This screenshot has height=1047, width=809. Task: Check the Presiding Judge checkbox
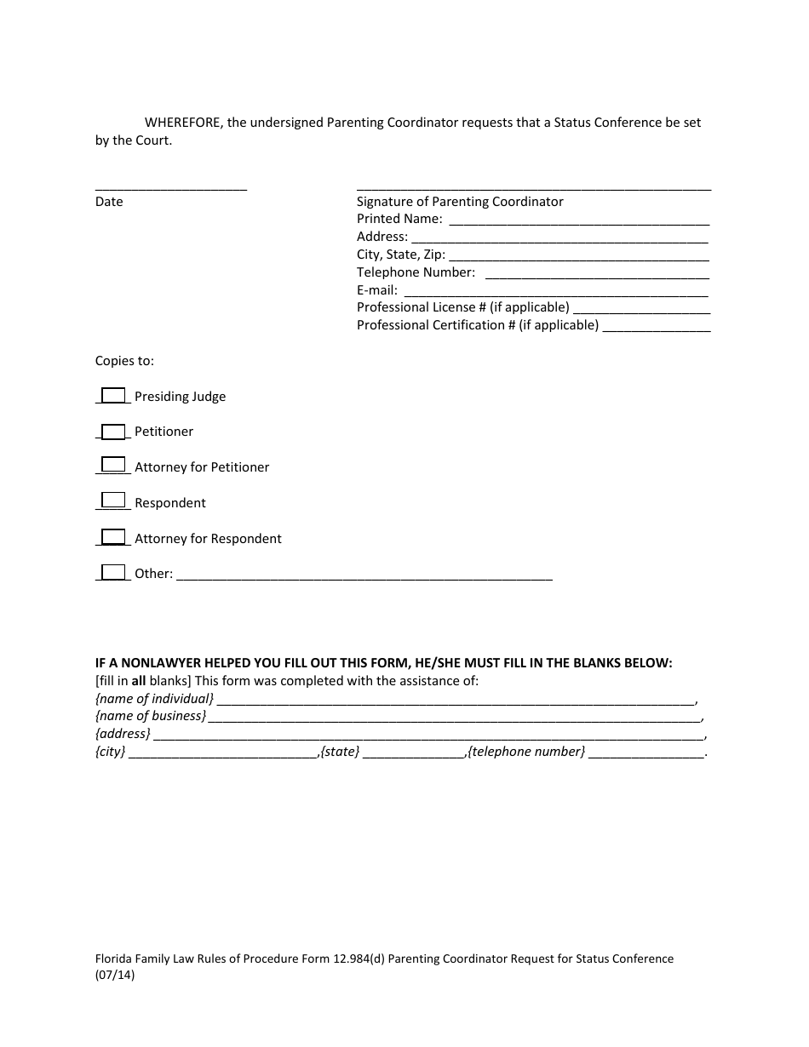[x=113, y=396]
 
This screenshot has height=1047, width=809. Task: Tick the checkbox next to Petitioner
[x=113, y=432]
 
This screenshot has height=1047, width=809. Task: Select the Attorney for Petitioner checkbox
[x=113, y=465]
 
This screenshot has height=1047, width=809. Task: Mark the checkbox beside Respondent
[x=113, y=501]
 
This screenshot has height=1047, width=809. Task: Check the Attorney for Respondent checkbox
[x=113, y=537]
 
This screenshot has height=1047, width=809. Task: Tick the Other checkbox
[x=113, y=573]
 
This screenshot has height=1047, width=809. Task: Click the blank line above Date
[x=171, y=187]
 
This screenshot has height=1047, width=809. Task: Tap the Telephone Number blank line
[x=596, y=275]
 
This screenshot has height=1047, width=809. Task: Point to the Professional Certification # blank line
[x=657, y=328]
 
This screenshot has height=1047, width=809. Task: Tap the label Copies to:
[x=124, y=361]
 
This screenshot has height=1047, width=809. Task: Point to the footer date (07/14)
[x=115, y=976]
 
